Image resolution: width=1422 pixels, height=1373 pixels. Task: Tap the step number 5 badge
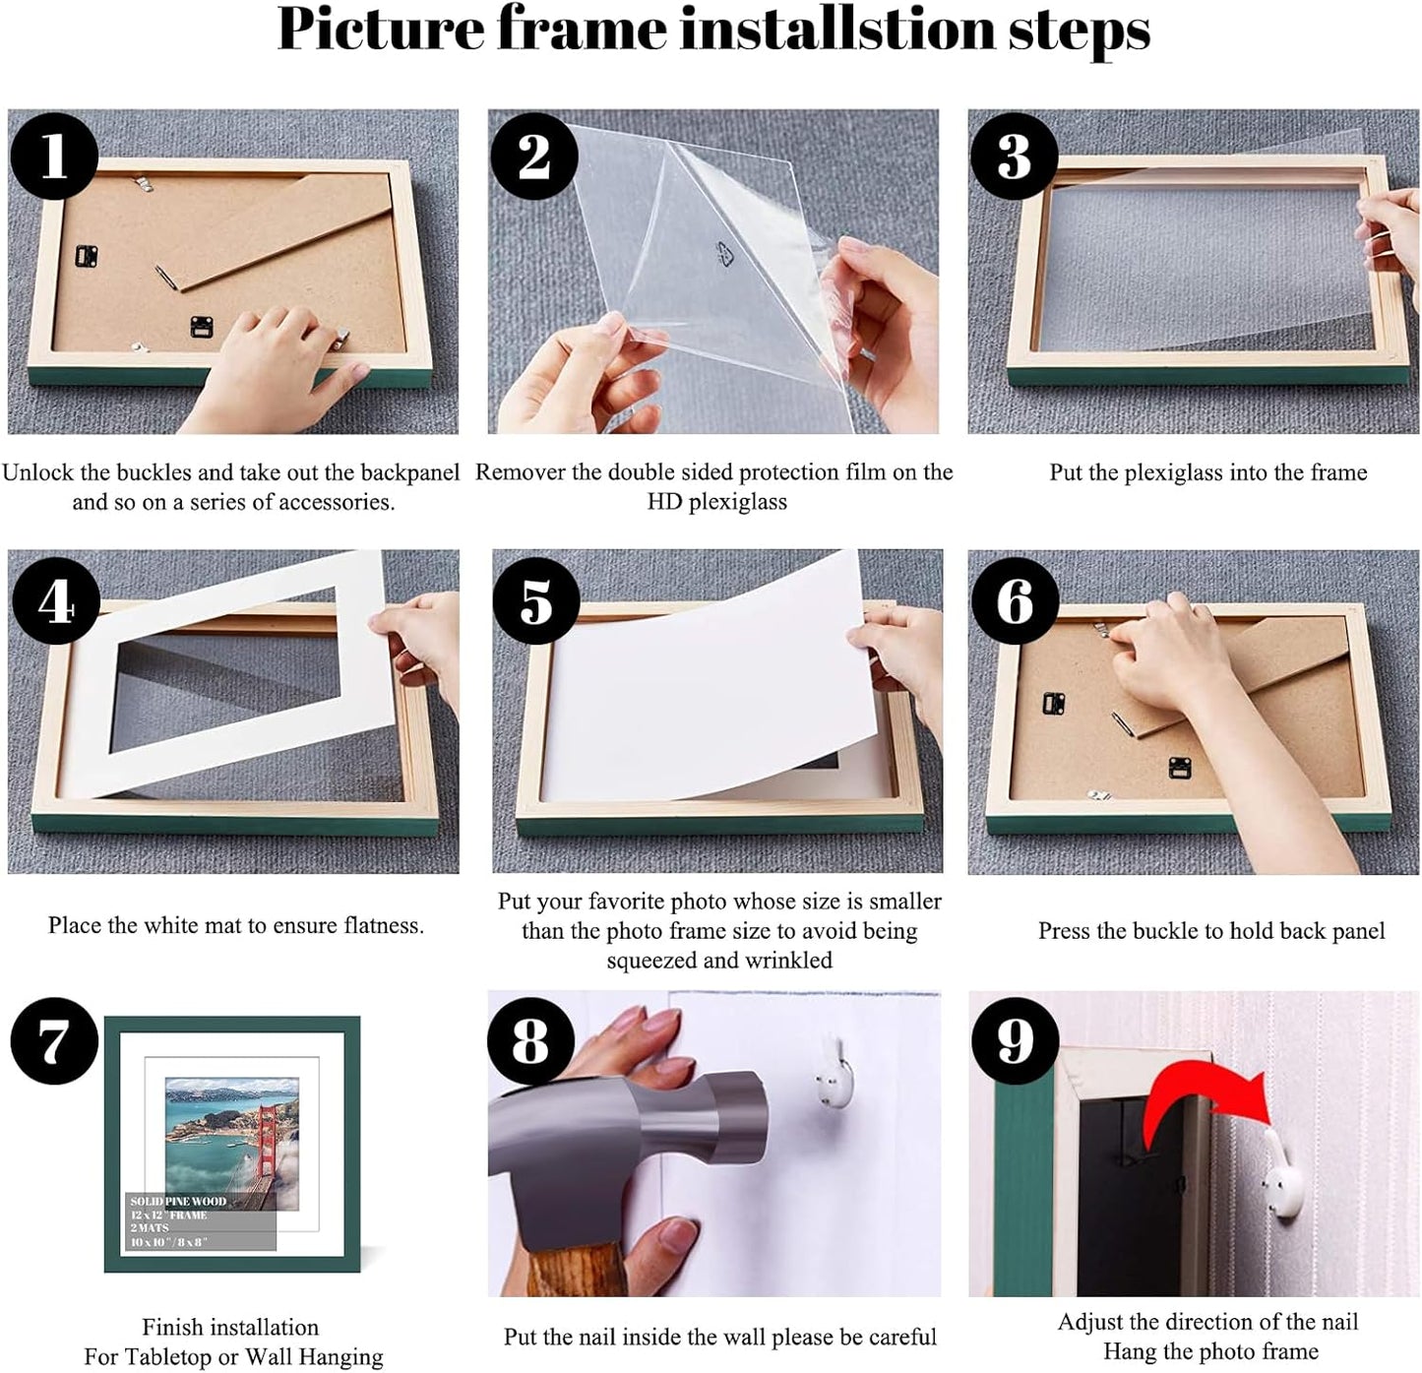point(535,600)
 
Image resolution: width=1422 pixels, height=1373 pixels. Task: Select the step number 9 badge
point(1015,1041)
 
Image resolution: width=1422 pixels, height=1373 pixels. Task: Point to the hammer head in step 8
point(630,1142)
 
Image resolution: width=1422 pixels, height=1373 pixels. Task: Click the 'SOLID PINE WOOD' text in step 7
point(178,1202)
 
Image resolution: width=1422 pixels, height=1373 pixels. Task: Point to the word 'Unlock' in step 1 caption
point(36,472)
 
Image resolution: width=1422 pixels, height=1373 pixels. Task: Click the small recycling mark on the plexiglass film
point(724,255)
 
